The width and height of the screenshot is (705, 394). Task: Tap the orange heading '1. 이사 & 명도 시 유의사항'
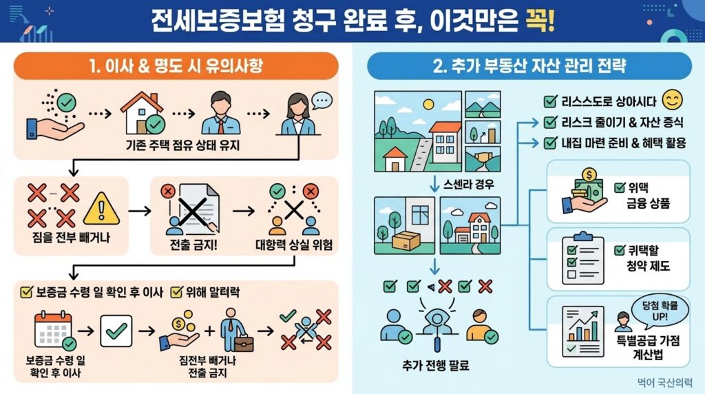176,66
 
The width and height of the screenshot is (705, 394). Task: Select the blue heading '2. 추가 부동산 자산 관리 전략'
529,66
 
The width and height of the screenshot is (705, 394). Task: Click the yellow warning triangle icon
102,209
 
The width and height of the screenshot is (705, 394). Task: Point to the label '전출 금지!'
193,245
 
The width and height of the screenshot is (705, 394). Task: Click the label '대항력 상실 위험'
294,245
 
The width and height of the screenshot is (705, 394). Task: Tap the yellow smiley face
673,100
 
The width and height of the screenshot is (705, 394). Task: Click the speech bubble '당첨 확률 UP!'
660,311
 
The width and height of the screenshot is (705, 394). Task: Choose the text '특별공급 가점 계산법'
648,348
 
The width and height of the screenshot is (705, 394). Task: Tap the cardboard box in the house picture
406,240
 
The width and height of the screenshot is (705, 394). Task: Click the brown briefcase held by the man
244,344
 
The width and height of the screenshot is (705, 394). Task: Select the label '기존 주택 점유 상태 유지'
182,145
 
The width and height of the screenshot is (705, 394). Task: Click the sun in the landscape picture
428,104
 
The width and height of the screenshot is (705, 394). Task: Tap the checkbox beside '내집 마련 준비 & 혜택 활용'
550,143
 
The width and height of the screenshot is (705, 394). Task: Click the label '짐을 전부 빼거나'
71,237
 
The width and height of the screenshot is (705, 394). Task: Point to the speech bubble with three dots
322,101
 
